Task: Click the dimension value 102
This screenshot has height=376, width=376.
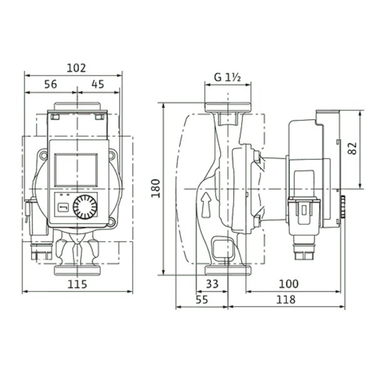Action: click(x=76, y=68)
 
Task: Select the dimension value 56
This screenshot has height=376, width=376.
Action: click(x=51, y=84)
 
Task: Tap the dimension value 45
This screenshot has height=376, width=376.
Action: click(x=98, y=84)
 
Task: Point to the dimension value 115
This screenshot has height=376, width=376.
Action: click(x=77, y=285)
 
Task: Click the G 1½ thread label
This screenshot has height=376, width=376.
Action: click(x=227, y=77)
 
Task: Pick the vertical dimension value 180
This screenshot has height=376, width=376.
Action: click(x=155, y=188)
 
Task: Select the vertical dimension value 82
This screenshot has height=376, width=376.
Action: click(x=352, y=149)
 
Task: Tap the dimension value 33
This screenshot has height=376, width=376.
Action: click(x=212, y=284)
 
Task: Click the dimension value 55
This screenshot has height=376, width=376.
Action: click(x=202, y=300)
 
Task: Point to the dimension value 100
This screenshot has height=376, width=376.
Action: click(x=289, y=284)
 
